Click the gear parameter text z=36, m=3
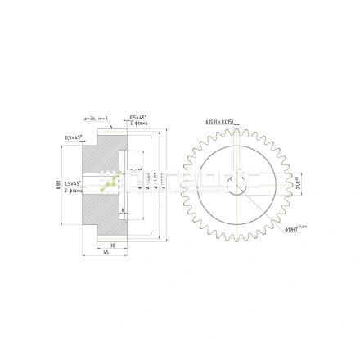85,119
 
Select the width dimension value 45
106,252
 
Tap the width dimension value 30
112,245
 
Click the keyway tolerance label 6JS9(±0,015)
219,122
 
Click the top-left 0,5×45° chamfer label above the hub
74,137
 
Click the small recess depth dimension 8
123,210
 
